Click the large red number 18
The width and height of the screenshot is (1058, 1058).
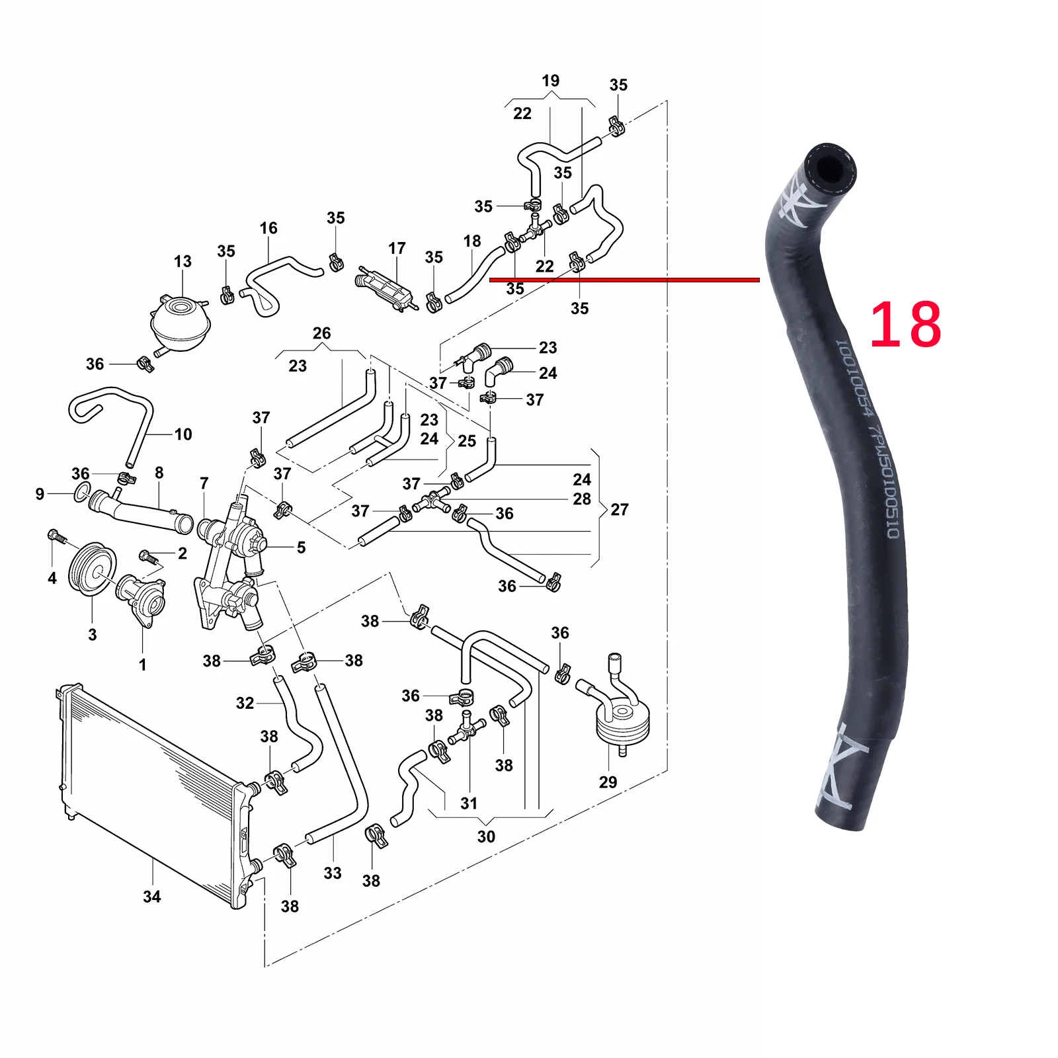point(905,324)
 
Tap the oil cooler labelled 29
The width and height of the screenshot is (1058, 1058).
point(622,721)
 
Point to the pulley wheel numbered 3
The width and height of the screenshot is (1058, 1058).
point(92,569)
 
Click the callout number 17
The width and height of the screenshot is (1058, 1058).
point(397,248)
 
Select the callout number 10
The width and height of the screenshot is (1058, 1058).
point(183,434)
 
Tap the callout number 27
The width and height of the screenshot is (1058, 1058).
point(620,509)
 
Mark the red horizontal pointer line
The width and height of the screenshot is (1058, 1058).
point(624,280)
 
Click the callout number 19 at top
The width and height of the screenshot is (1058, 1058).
point(550,81)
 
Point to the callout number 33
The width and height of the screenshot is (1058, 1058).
point(333,873)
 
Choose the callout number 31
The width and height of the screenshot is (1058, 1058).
point(469,803)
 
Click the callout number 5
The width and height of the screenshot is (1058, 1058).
point(301,547)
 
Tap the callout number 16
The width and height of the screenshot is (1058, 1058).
point(268,228)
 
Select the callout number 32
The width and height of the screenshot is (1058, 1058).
point(245,703)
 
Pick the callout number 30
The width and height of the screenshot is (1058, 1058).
point(486,836)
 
